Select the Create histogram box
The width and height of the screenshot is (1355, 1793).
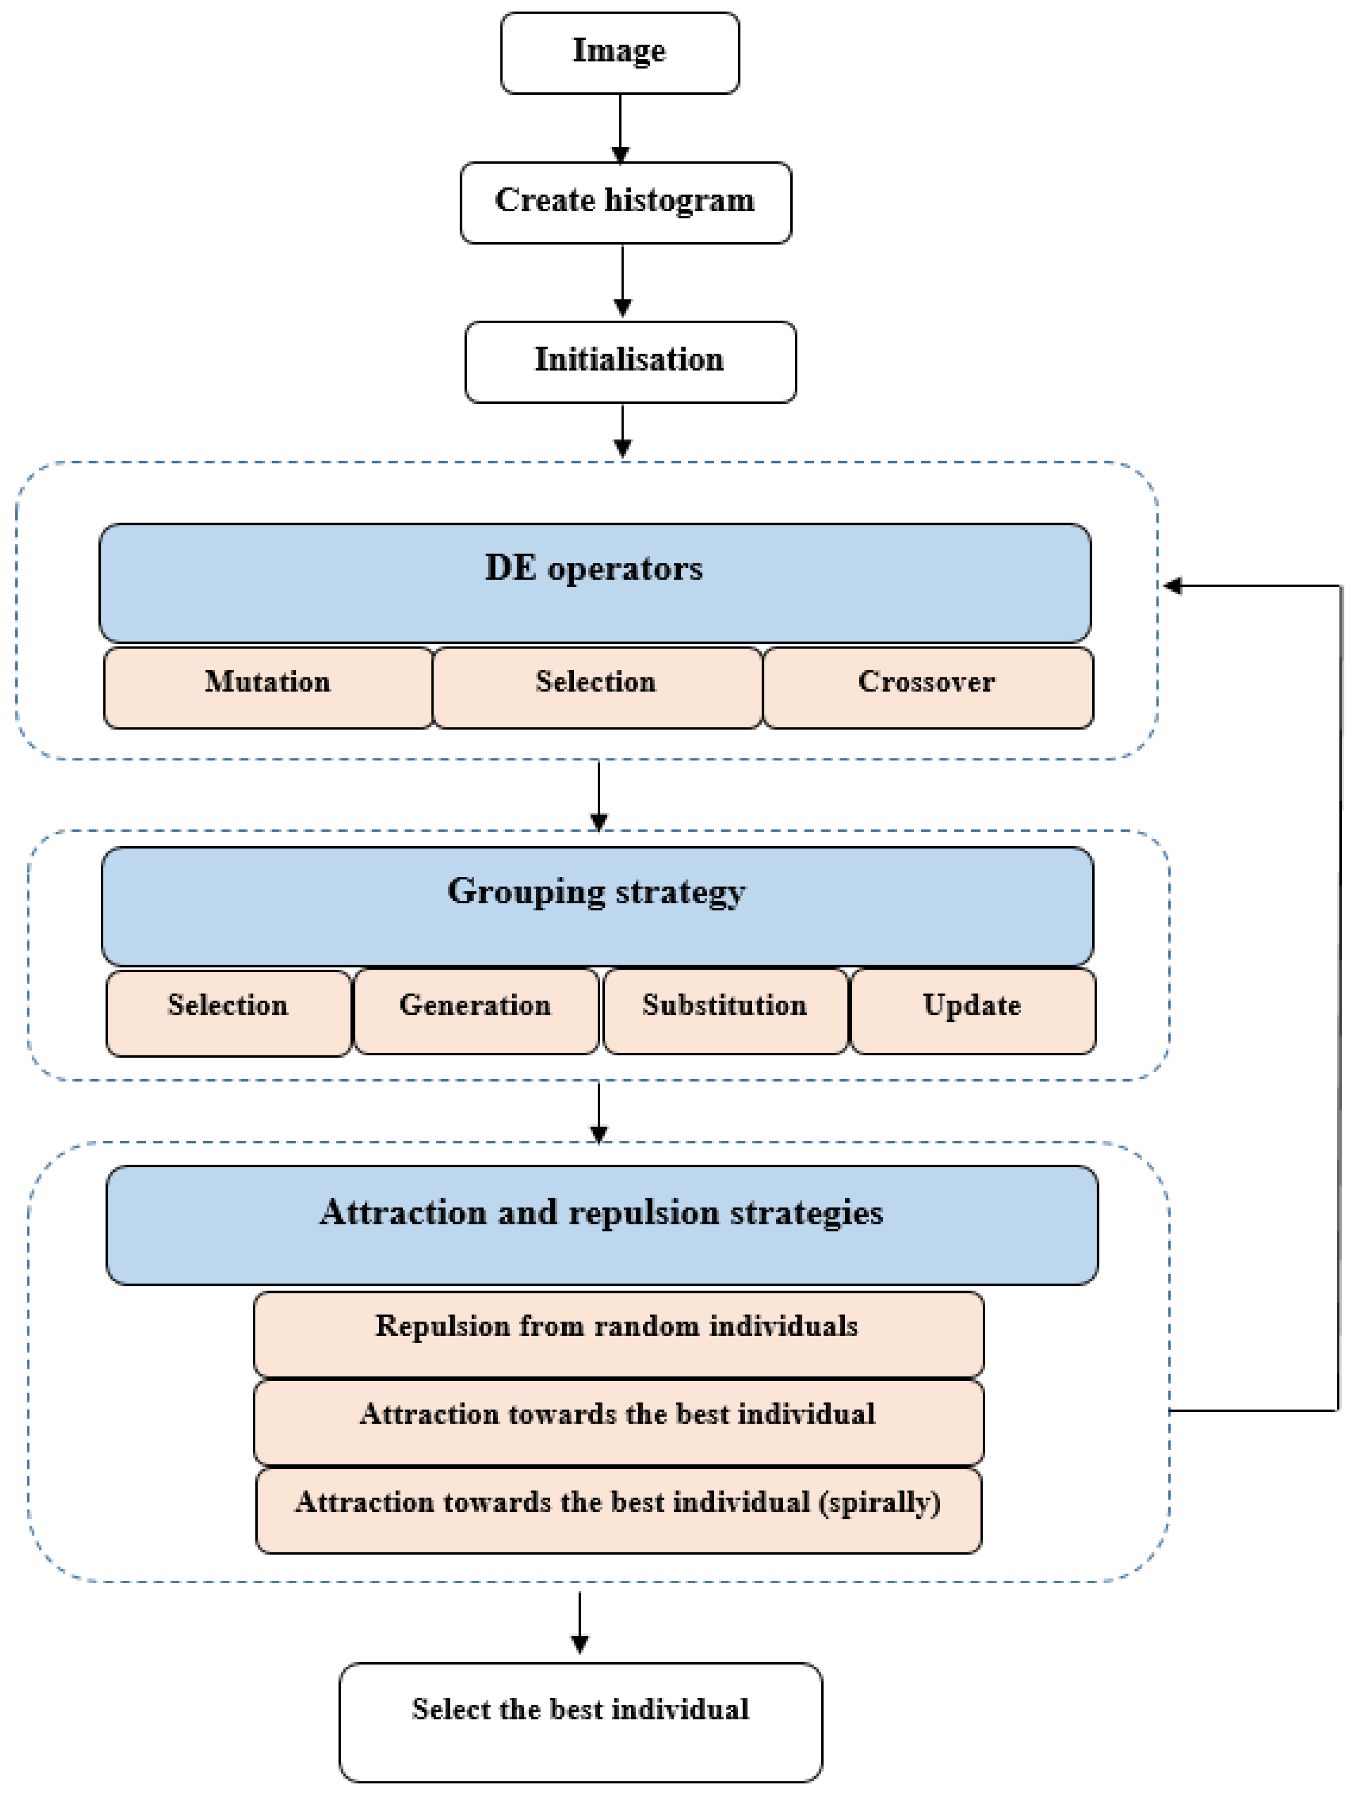click(625, 202)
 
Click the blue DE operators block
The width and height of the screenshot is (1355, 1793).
click(594, 582)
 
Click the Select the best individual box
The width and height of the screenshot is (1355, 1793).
click(580, 1722)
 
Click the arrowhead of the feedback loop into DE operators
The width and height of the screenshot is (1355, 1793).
click(1172, 585)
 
